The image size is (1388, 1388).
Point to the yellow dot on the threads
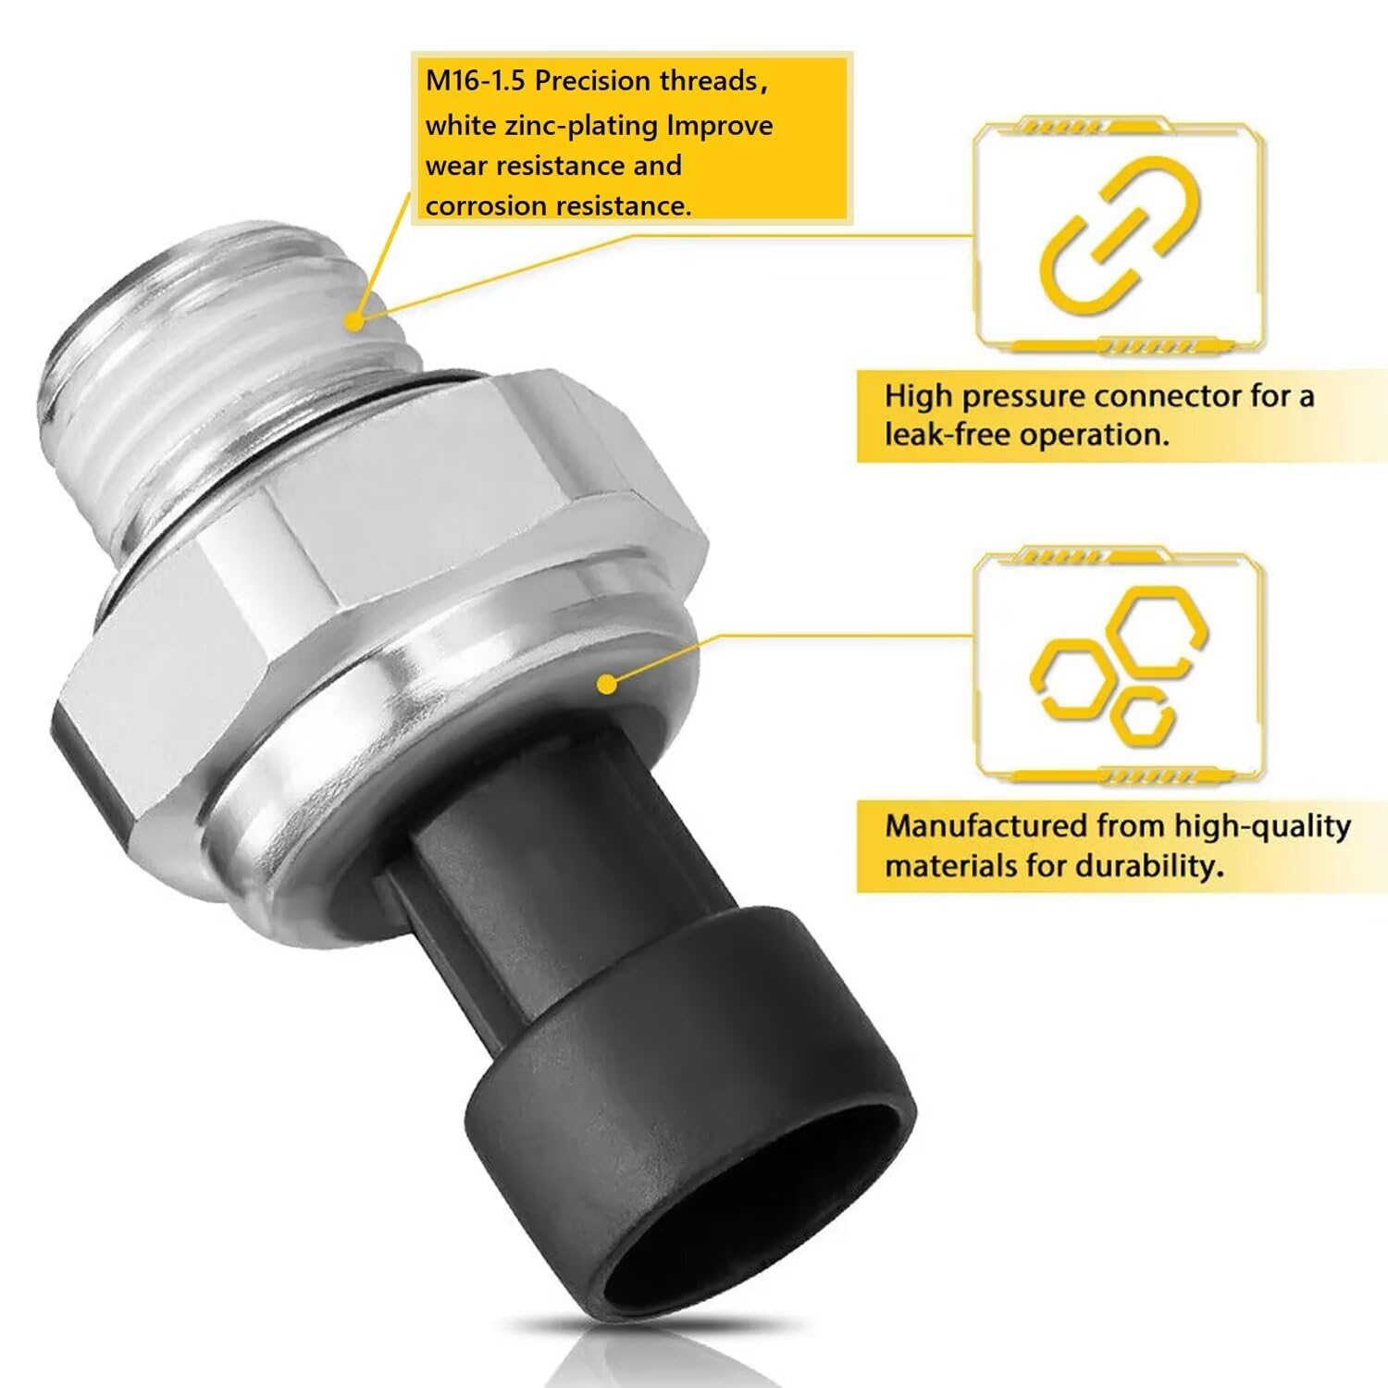(x=353, y=321)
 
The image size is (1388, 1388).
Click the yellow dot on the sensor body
(x=606, y=684)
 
